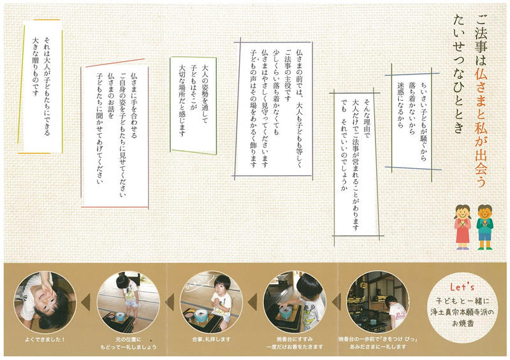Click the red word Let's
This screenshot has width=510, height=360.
(x=462, y=287)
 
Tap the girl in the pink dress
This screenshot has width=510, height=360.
(x=463, y=227)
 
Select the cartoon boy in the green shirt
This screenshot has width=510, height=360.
(x=484, y=227)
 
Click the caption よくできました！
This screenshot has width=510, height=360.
(x=45, y=339)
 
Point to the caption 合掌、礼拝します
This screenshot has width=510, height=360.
(x=211, y=339)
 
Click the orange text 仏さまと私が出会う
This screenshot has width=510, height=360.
(x=481, y=127)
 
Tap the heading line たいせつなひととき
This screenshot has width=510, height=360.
(x=458, y=74)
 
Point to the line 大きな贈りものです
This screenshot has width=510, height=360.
(x=35, y=67)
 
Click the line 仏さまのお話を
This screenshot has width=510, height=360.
(x=111, y=96)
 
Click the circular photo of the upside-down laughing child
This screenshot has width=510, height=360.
(x=45, y=302)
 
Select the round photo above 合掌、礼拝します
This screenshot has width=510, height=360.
(x=211, y=302)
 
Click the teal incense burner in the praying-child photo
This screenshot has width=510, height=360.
(x=201, y=315)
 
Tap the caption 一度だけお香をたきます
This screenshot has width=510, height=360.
(x=295, y=347)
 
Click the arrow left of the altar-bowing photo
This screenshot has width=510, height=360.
(x=337, y=301)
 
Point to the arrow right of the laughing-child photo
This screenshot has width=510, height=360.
(x=85, y=301)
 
